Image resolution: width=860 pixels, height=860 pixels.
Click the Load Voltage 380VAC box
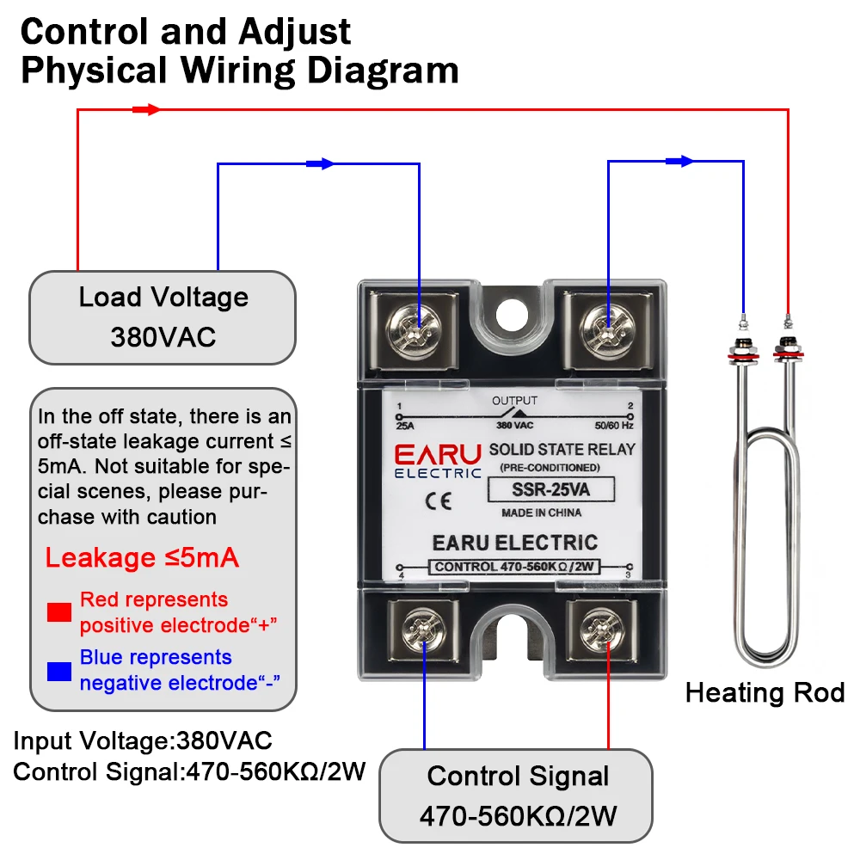163,316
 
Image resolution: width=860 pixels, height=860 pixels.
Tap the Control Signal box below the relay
517,795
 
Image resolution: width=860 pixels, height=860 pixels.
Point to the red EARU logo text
438,453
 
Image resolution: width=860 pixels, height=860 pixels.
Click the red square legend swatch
59,612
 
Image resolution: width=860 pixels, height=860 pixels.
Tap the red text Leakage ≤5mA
142,558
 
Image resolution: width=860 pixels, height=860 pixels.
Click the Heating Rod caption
765,693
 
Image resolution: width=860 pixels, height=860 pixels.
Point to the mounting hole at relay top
514,310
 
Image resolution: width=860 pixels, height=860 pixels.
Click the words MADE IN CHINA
541,513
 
